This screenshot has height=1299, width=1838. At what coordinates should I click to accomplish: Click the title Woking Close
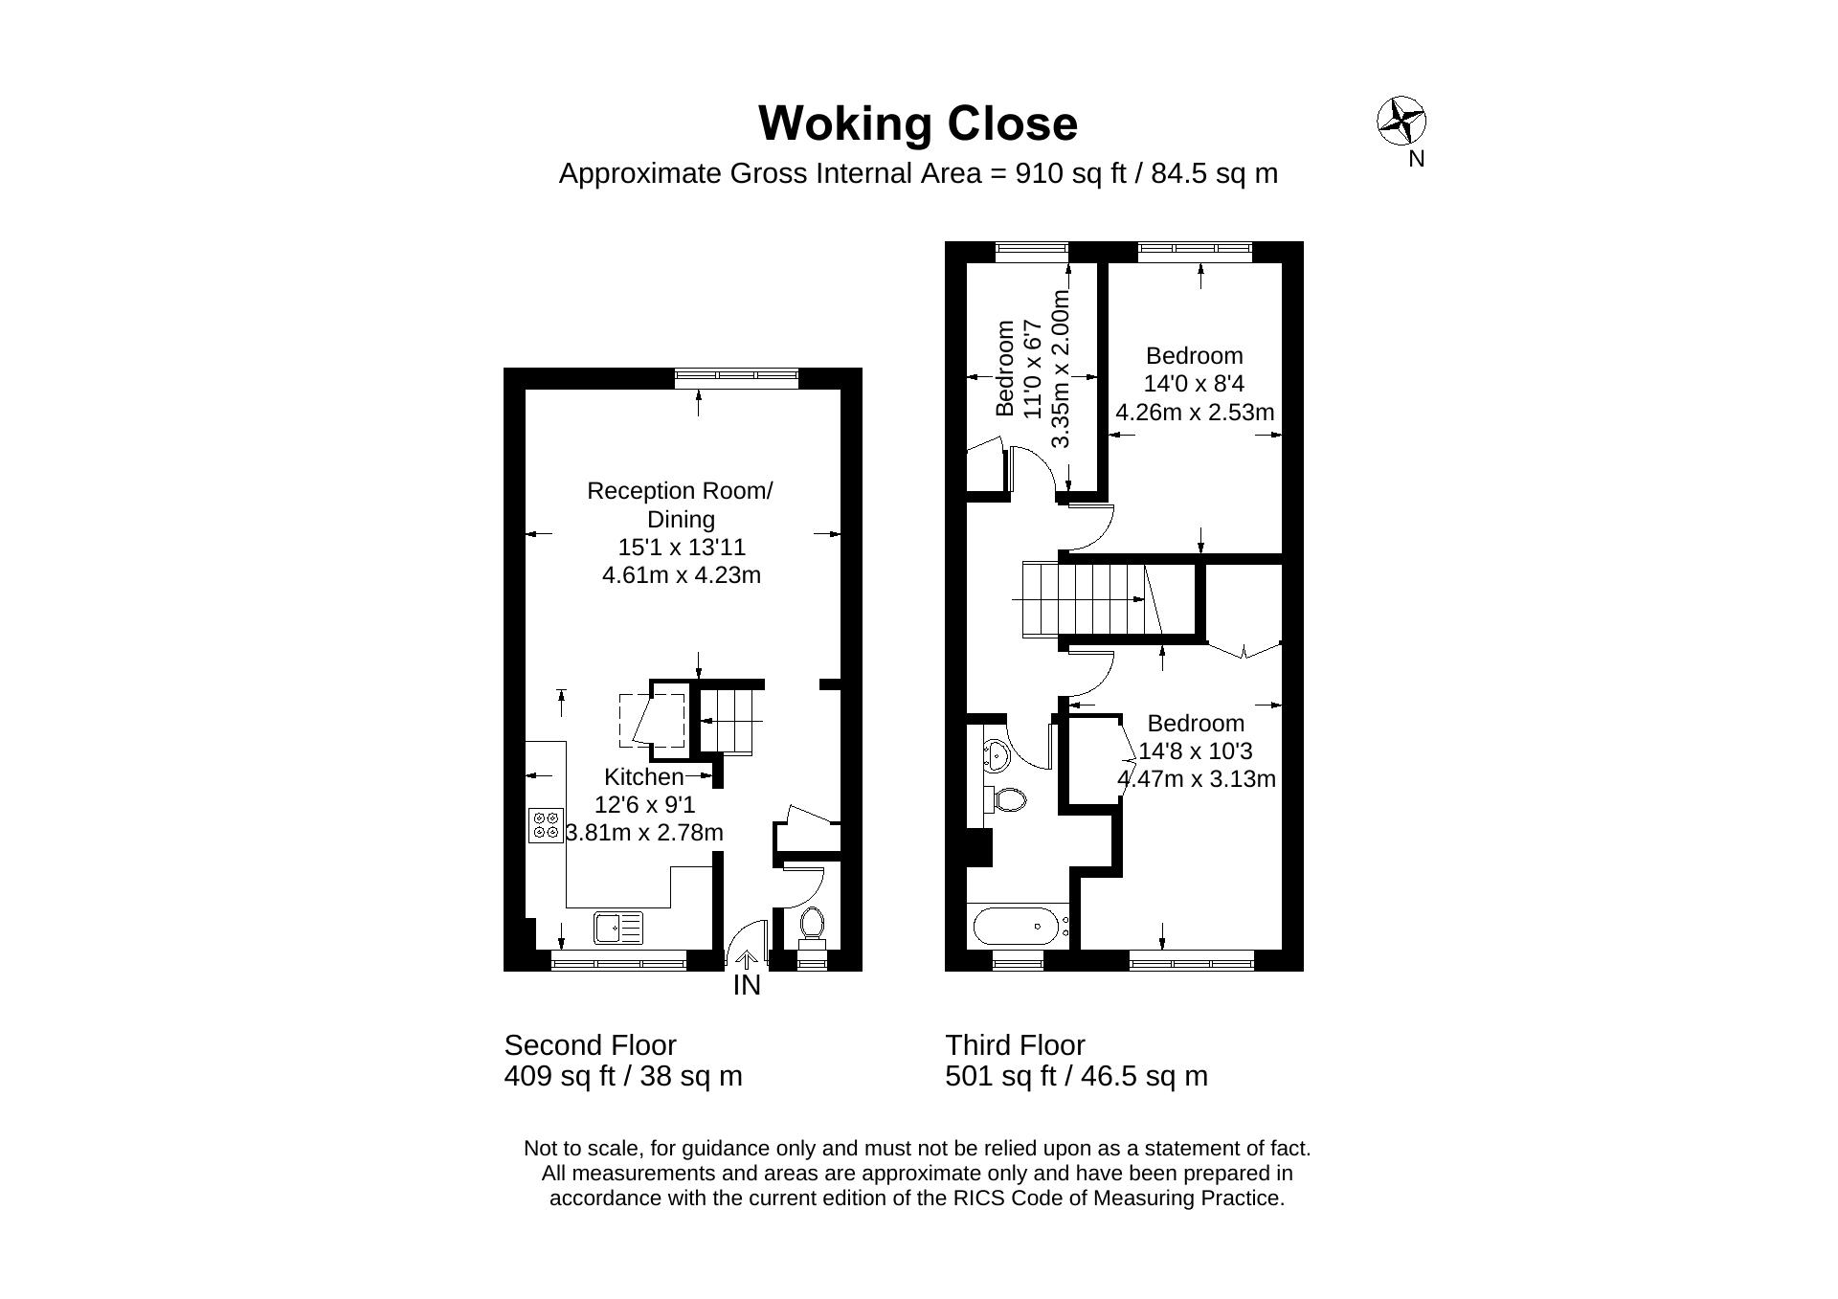click(918, 124)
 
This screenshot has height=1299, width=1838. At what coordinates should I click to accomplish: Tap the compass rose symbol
click(1401, 122)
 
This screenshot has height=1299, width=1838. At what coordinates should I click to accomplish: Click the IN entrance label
click(747, 985)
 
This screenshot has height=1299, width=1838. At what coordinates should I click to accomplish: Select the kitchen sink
click(618, 928)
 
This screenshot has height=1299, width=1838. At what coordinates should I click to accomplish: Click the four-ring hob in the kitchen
click(546, 825)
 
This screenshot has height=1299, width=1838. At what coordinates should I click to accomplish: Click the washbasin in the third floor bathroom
click(996, 755)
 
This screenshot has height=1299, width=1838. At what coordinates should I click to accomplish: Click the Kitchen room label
click(644, 776)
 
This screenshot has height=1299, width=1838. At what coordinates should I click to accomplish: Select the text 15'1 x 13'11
click(682, 548)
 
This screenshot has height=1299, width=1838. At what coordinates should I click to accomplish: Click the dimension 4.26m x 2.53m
click(1195, 413)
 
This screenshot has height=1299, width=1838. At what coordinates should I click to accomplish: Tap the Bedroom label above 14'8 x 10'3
click(1196, 724)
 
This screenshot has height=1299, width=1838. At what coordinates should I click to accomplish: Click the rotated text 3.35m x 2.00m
click(1061, 369)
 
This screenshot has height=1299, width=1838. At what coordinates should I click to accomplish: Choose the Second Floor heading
click(591, 1045)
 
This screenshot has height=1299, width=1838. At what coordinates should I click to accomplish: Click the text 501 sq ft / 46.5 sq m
click(1077, 1077)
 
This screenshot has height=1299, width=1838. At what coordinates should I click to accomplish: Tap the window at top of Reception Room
click(736, 377)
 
